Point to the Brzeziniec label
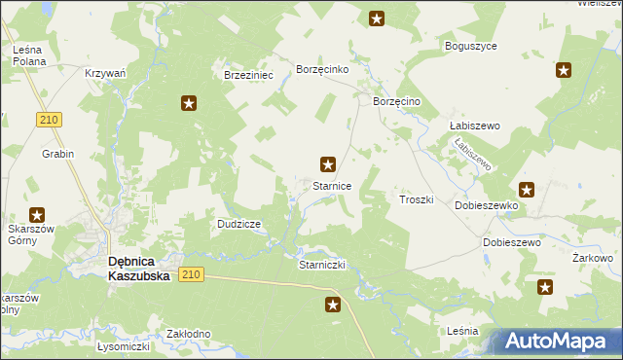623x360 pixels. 249,75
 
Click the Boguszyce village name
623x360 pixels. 471,46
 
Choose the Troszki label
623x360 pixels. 416,198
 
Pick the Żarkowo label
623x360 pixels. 592,258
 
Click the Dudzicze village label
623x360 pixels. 238,224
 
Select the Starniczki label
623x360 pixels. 323,265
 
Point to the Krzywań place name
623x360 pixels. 105,73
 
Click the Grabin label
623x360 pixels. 57,154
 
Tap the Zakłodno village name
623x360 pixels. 189,334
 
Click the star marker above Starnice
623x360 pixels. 329,164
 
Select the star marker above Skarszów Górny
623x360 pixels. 37,215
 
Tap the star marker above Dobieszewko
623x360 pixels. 527,190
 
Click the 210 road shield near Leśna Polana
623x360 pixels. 51,119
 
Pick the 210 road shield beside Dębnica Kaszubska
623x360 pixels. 191,275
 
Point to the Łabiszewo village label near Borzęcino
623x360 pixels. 474,126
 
